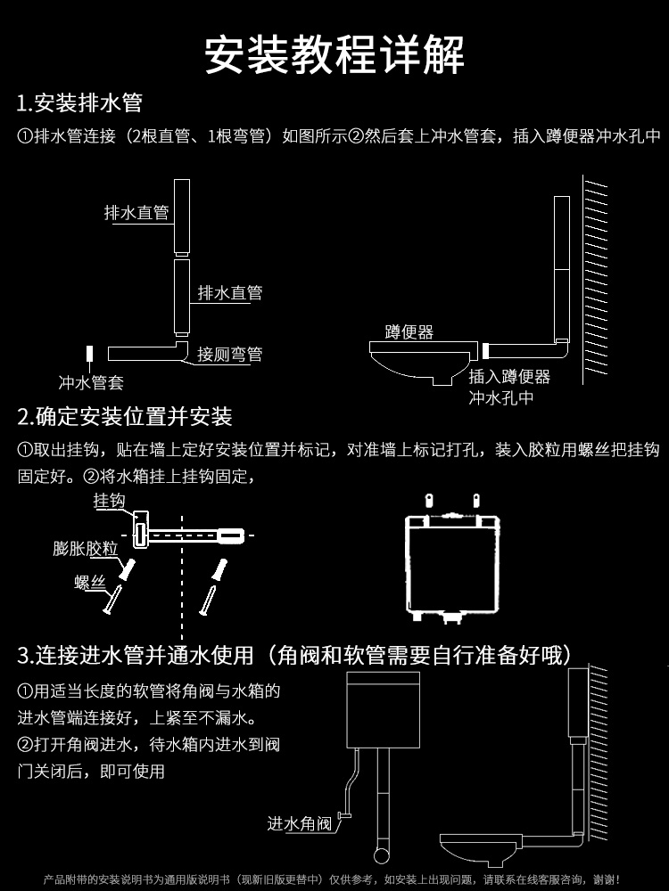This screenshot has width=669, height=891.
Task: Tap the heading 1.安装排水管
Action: (79, 103)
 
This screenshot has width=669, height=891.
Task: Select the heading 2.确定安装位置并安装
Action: (125, 416)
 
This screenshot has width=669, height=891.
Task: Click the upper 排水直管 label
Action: (136, 213)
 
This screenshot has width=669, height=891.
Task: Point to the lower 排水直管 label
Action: (230, 293)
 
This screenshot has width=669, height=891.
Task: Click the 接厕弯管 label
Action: (230, 354)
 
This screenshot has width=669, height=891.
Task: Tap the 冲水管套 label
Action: (91, 383)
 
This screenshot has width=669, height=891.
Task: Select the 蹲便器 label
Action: (409, 332)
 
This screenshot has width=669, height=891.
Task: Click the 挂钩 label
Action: (109, 502)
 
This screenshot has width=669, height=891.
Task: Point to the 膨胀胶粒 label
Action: (86, 549)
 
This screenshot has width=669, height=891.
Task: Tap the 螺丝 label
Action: (89, 583)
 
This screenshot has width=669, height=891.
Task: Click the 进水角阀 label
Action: (300, 823)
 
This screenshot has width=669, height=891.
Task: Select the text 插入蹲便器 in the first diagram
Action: (509, 377)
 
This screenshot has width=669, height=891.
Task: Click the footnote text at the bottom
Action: (334, 879)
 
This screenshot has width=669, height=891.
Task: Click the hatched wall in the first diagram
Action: (595, 276)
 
